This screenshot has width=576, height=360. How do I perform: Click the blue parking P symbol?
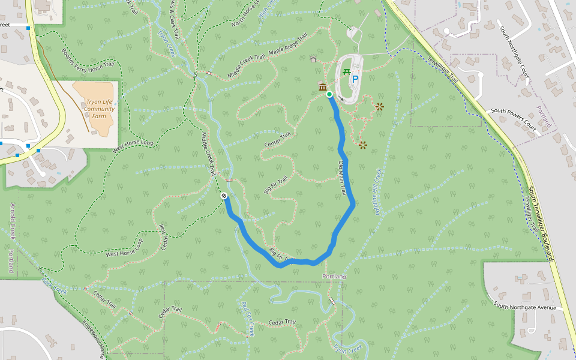(x=355, y=79)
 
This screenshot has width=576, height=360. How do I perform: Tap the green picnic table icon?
(x=347, y=73)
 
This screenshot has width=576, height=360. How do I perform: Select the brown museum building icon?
(x=322, y=88)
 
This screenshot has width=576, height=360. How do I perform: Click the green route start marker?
(x=329, y=94)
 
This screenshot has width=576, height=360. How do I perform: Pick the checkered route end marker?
(x=223, y=196)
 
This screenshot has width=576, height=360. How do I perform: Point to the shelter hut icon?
(x=313, y=59)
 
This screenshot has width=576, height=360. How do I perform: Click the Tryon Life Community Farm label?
(x=100, y=109)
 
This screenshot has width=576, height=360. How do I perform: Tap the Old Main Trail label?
(x=343, y=178)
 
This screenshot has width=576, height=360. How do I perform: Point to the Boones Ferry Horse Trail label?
(x=88, y=59)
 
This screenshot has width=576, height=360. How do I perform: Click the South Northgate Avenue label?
(x=524, y=307)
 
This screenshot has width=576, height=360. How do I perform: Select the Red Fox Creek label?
(x=248, y=313)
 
